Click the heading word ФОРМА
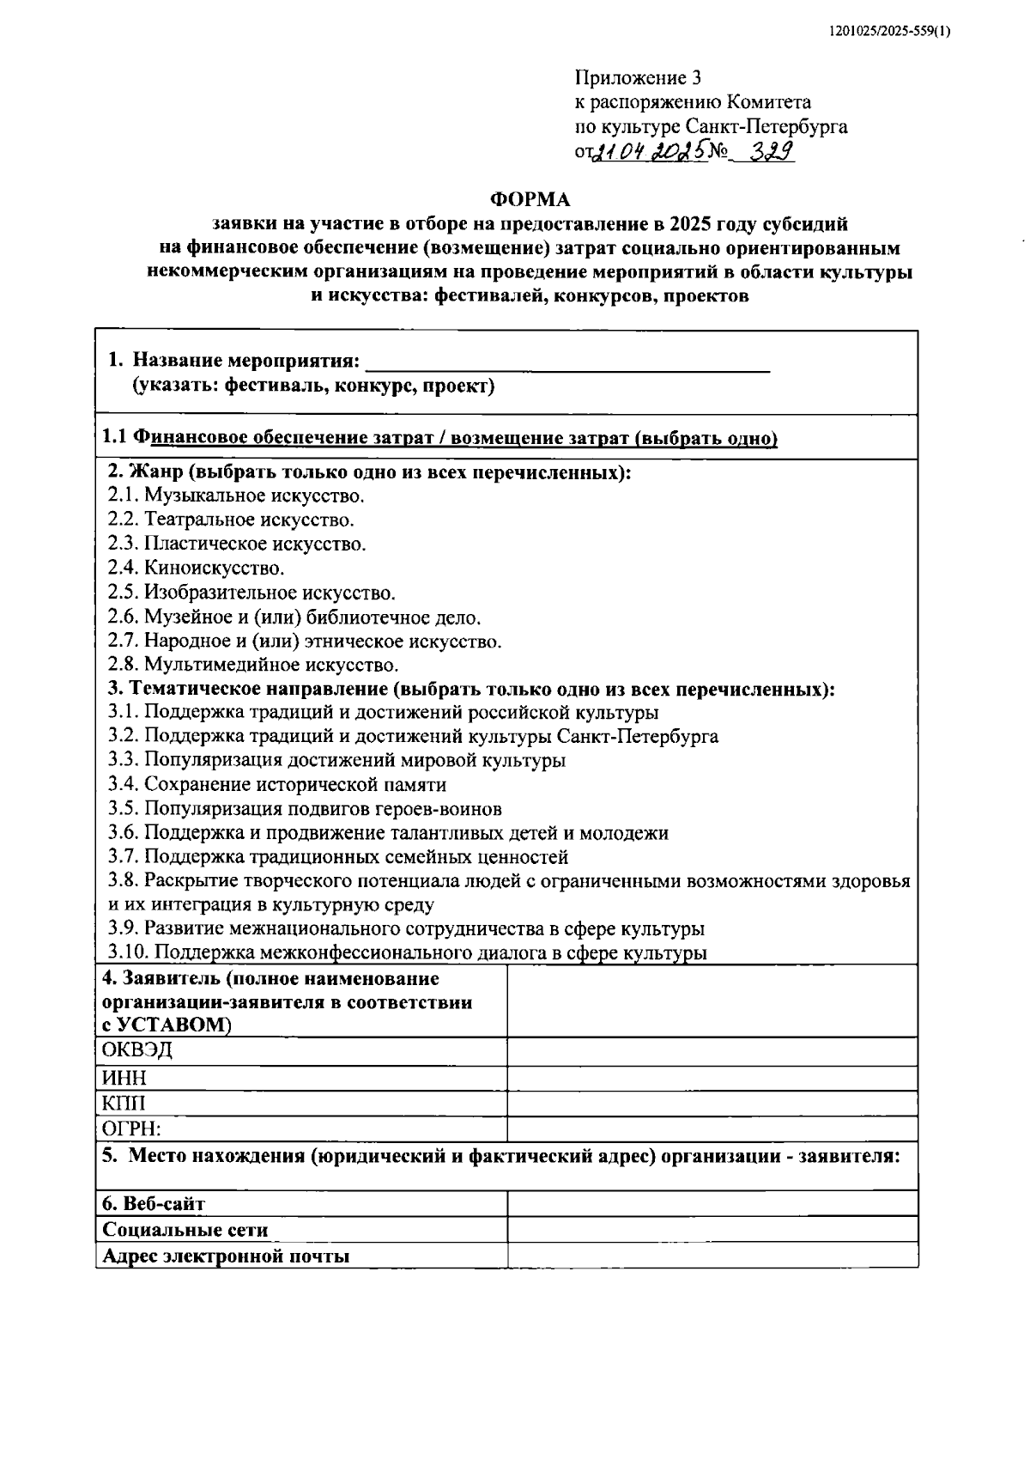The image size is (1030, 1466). tap(530, 200)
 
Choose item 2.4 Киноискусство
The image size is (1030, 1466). tap(196, 568)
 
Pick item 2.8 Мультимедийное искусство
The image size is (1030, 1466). tap(253, 664)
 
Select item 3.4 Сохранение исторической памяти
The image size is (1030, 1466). tap(276, 784)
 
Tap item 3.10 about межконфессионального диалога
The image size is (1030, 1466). tap(407, 952)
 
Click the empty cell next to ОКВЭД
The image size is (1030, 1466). tap(712, 1051)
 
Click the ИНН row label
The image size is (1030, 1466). tap(124, 1078)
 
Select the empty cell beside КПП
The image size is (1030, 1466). tap(712, 1104)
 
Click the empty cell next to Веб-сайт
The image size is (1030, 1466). tap(712, 1203)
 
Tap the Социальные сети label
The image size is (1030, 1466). tap(185, 1230)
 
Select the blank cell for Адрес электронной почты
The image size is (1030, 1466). tap(712, 1256)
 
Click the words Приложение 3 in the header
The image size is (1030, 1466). tap(638, 79)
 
